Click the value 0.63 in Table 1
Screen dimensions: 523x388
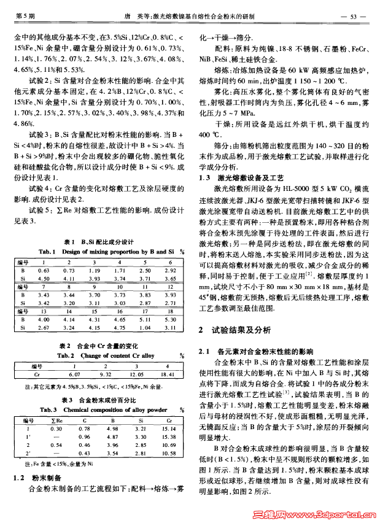click(x=43, y=270)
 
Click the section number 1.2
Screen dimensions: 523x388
click(x=20, y=477)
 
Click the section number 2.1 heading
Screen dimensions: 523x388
click(x=206, y=351)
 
